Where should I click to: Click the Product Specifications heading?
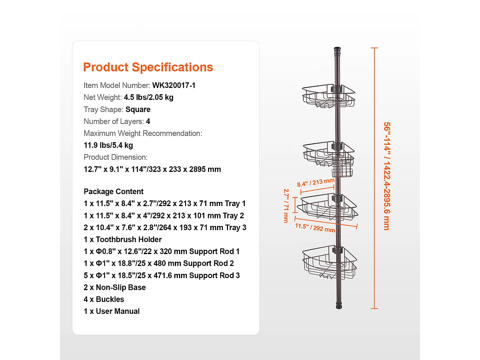click(148, 67)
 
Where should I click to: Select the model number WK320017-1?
click(174, 85)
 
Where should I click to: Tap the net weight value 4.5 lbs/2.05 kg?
click(148, 97)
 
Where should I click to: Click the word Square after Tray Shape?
click(138, 109)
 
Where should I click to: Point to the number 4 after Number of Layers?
click(148, 121)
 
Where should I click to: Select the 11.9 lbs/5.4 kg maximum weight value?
click(108, 145)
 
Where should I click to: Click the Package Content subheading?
click(113, 191)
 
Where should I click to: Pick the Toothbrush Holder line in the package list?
click(123, 239)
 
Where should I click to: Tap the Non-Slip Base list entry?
click(115, 287)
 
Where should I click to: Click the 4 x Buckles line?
click(104, 299)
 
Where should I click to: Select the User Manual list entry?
click(112, 311)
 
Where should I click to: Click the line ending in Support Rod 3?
click(162, 275)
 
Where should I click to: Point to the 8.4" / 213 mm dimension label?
click(316, 182)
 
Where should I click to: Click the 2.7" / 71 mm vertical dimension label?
click(286, 206)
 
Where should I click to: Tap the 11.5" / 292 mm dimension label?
click(315, 227)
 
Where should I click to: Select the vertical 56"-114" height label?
click(387, 176)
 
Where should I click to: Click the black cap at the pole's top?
click(337, 51)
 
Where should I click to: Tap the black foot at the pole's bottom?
click(339, 305)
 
